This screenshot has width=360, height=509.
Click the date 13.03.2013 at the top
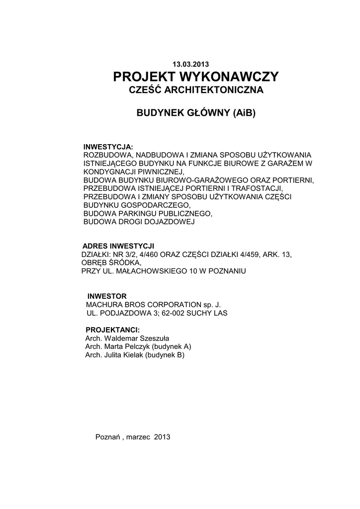pos(191,64)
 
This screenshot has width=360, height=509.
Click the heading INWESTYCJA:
pos(108,148)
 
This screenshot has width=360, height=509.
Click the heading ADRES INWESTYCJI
pos(118,247)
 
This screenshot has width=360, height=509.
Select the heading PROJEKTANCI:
pos(112,330)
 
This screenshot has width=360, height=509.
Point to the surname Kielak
pos(131,355)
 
